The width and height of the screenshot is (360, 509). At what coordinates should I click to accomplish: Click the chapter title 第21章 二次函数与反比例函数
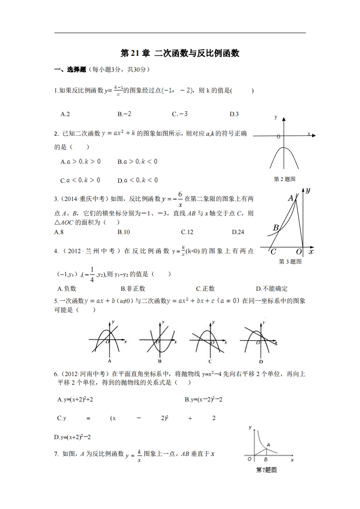180,53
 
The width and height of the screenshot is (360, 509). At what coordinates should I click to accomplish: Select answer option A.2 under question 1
65,114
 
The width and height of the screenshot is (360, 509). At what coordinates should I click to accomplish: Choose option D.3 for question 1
234,114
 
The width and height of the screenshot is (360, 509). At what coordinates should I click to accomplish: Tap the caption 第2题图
285,179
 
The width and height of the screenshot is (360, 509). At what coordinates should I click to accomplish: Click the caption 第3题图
290,262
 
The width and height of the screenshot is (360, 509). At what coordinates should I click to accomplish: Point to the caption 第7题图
266,470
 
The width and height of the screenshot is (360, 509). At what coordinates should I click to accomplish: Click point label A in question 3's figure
291,198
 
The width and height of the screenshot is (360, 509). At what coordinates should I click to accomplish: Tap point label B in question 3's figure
276,228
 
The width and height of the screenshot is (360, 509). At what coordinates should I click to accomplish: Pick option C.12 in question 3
187,232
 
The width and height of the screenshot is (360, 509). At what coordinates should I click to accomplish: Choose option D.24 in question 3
238,232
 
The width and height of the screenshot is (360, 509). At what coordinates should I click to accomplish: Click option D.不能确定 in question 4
271,289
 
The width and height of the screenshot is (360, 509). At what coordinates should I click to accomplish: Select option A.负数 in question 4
67,289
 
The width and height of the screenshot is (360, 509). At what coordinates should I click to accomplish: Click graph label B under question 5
160,362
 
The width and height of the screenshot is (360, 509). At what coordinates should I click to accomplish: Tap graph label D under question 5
261,362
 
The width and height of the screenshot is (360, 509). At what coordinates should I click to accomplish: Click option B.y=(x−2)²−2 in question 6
203,399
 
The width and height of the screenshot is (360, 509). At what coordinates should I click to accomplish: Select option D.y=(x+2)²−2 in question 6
73,437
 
